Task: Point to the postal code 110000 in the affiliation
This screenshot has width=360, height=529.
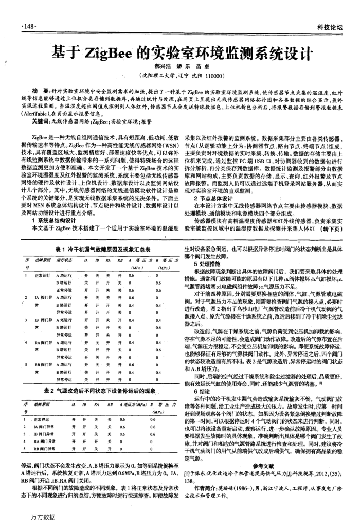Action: [212, 74]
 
